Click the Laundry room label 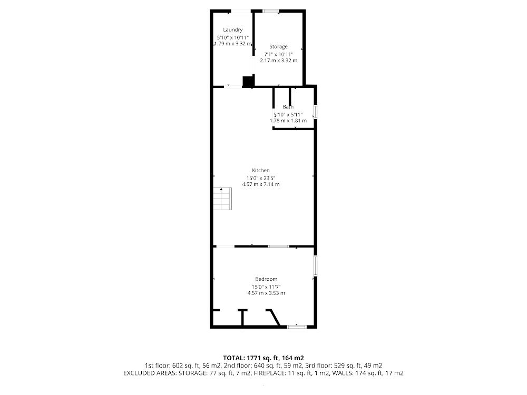click(232, 30)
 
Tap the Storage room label click(278, 47)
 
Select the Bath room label click(288, 107)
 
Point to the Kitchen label click(261, 170)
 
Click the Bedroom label click(266, 279)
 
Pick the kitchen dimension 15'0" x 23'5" click(261, 178)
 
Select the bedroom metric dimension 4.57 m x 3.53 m click(266, 293)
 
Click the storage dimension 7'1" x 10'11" click(278, 54)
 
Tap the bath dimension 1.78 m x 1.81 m click(288, 121)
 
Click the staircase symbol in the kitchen click(222, 199)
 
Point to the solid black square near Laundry click(248, 81)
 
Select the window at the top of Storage click(271, 11)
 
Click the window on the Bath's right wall click(315, 112)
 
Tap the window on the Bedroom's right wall click(315, 266)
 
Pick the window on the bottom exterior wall click(297, 326)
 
